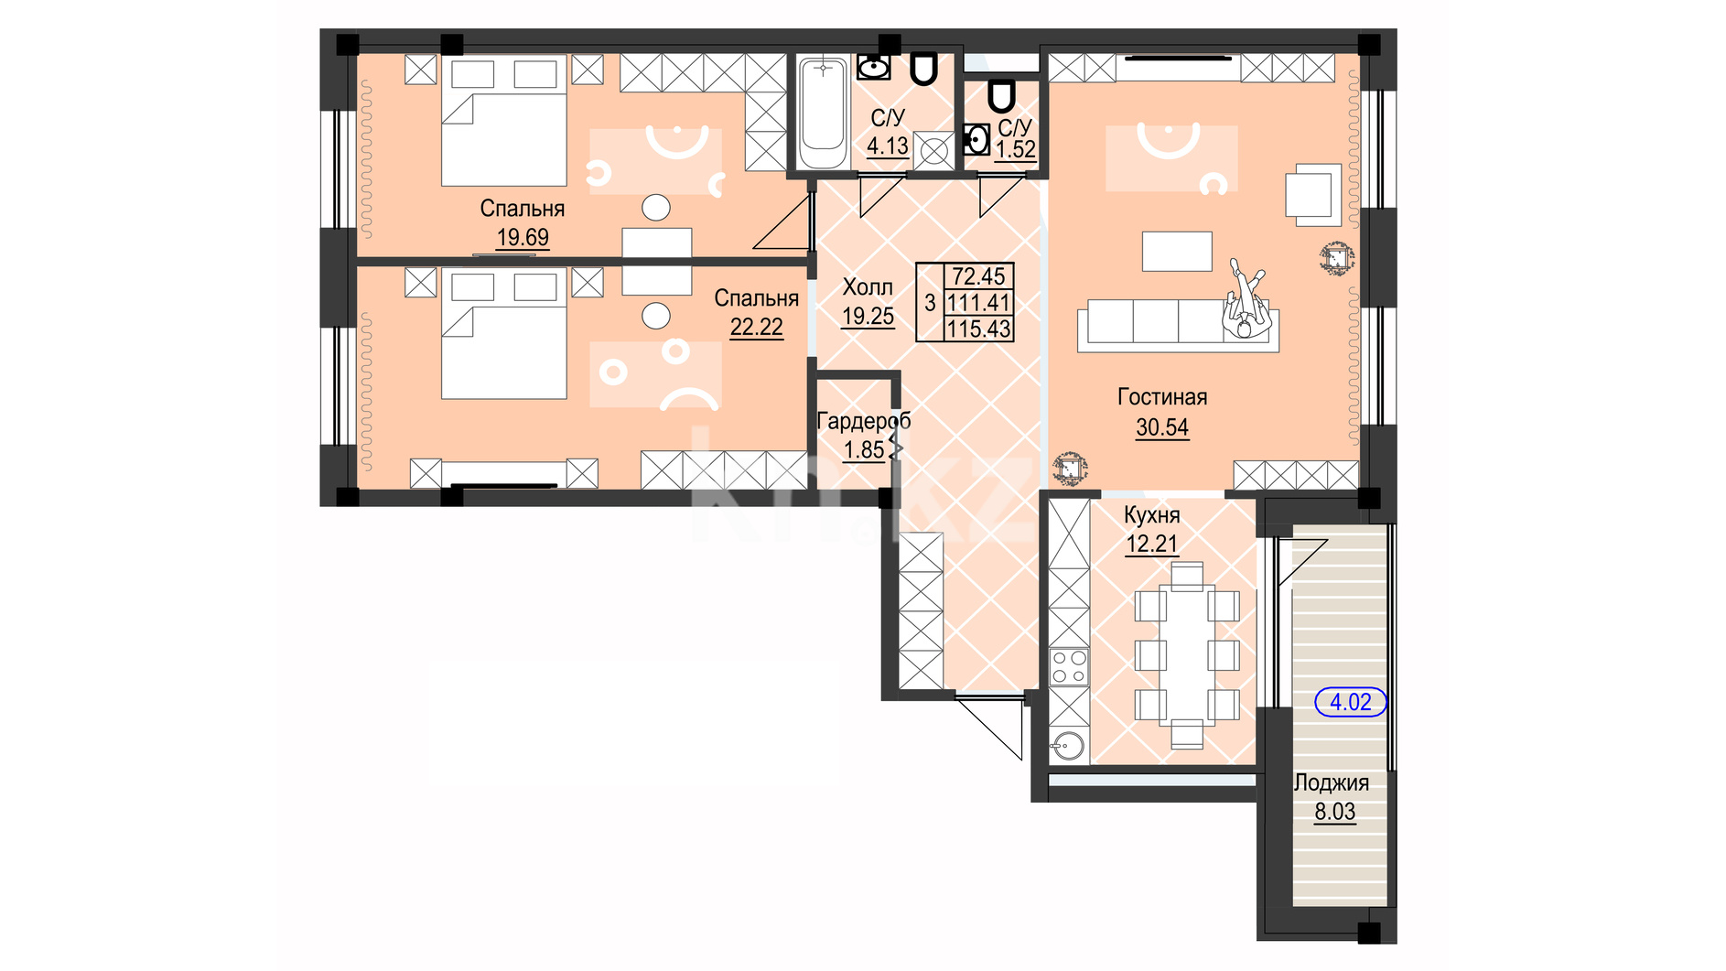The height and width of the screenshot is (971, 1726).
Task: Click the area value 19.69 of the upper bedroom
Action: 523,238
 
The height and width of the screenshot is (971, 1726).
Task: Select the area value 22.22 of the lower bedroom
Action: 756,328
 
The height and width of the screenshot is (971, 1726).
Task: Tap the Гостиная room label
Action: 1162,398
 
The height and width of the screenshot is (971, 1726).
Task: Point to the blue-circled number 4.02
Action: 1351,702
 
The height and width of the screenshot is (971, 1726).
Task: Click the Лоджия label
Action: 1332,783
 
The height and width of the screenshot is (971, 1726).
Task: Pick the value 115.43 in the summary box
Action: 979,329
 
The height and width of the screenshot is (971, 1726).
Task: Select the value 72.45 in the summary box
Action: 979,276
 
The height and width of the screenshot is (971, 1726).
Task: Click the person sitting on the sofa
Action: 1246,299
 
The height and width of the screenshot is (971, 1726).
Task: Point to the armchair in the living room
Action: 1313,194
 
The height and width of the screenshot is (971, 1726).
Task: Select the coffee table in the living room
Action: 1177,251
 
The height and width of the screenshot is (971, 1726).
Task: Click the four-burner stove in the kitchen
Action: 1069,666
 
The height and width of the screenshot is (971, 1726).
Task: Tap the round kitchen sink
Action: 1067,745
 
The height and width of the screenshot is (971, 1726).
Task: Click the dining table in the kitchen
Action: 1187,656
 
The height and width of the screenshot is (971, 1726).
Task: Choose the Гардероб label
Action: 864,422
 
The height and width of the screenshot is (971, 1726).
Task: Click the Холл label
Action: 868,287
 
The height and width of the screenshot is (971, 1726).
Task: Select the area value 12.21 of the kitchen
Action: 1151,544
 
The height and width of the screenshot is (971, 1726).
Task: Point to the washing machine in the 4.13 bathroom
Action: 933,151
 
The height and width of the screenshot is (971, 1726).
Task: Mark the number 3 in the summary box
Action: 930,303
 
